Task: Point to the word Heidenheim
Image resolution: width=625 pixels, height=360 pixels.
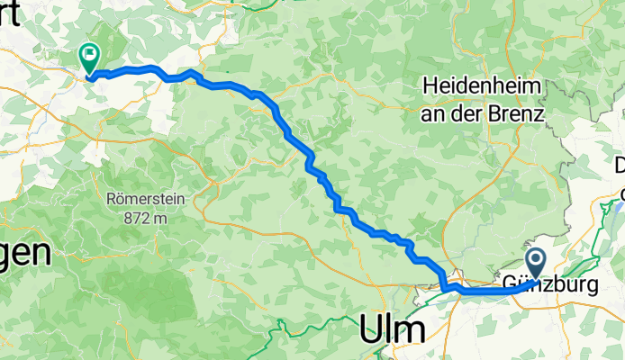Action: click(482, 87)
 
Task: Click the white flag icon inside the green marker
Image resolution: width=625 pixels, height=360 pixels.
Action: click(90, 54)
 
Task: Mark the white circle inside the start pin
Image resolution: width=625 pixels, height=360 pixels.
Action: click(535, 262)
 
